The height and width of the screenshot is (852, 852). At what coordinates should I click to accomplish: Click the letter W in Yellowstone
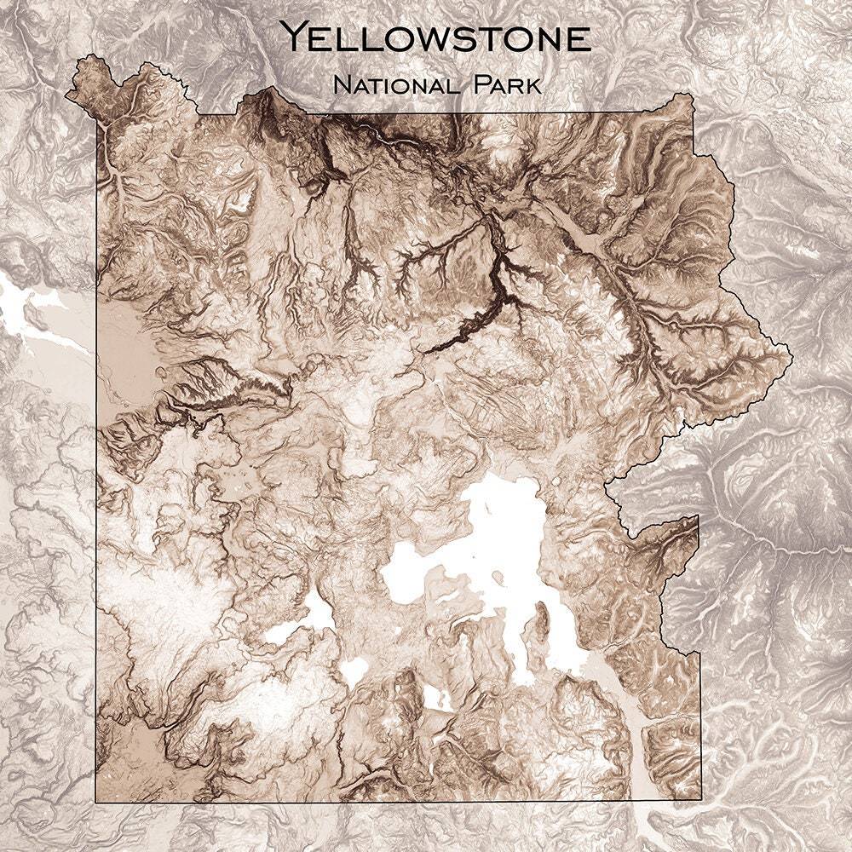click(439, 38)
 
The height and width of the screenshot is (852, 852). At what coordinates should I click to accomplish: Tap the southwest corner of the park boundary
click(95, 801)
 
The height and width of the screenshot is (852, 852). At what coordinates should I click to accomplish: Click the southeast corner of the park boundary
click(699, 801)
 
